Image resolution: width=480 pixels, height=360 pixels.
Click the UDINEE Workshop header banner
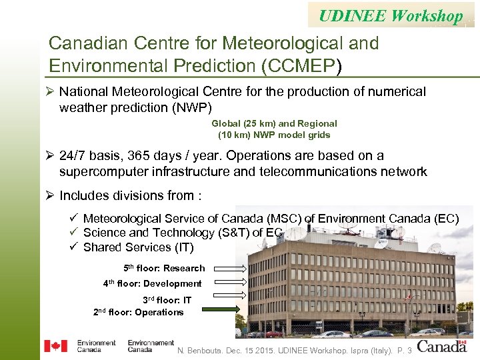point(391,15)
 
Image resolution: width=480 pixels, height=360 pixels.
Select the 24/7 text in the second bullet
point(75,156)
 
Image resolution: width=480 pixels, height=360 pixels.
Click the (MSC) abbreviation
point(287,219)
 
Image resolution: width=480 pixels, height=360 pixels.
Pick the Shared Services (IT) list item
point(138,247)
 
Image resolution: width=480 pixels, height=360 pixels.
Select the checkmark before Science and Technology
point(74,233)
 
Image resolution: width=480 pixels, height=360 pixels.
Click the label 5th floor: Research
point(164,268)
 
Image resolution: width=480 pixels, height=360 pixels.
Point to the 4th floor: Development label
point(152,283)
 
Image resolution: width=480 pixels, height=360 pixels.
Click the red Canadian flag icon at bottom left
point(55,346)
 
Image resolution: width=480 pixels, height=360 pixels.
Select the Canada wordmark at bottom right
point(442,346)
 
